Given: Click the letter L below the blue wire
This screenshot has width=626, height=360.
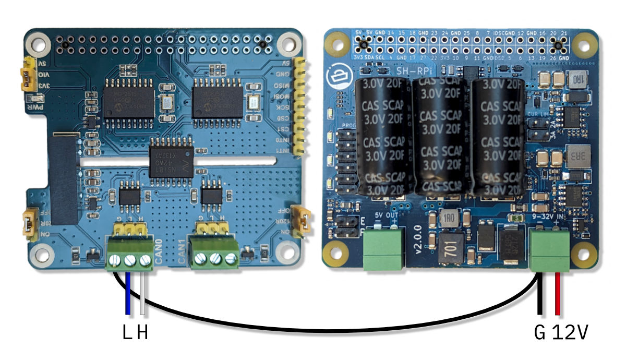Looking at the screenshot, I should click(127, 332).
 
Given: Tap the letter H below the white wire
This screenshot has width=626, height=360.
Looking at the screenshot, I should click(142, 332).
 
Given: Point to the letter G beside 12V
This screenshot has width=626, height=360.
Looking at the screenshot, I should click(540, 332).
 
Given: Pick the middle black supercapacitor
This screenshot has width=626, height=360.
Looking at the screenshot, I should click(437, 138).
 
